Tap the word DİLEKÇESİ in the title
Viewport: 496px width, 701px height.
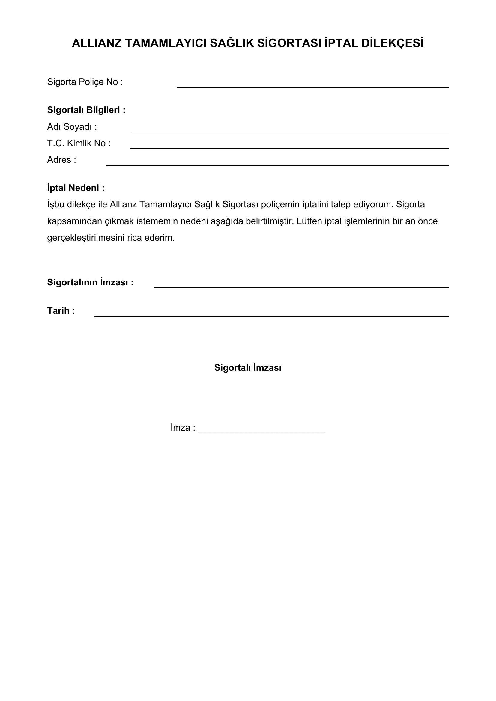coord(393,43)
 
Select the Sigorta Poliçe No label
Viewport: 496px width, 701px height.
coord(85,82)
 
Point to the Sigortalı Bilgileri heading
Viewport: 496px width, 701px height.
coord(86,110)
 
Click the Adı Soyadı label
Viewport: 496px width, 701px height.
coord(72,127)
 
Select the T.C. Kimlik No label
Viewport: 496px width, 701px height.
coord(79,143)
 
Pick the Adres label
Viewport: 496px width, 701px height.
coord(61,160)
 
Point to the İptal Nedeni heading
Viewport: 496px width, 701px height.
coord(76,188)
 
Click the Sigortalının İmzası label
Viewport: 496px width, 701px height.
coord(90,282)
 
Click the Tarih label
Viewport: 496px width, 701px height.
coord(61,311)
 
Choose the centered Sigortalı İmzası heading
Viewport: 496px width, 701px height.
coord(248,368)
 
